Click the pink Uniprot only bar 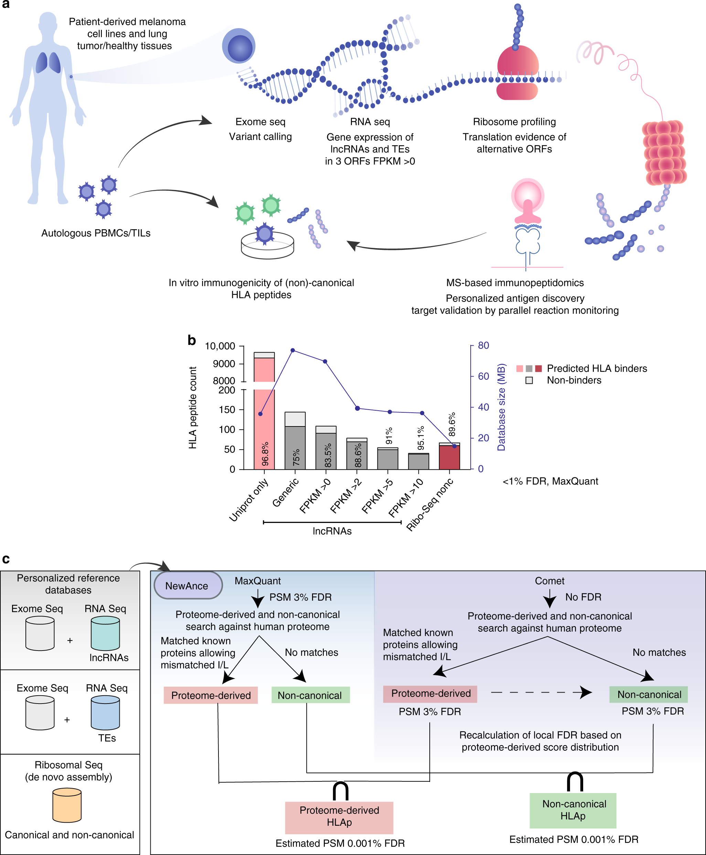click(x=264, y=427)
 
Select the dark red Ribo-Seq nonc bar click(x=449, y=457)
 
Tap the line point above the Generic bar click(x=293, y=350)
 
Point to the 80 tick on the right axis click(x=483, y=345)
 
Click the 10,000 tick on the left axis click(x=220, y=346)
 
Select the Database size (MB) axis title click(x=501, y=407)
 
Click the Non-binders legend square click(x=529, y=380)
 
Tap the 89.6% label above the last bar click(x=452, y=424)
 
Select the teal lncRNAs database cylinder click(x=105, y=633)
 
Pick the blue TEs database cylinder click(x=105, y=712)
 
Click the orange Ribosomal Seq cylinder click(x=67, y=805)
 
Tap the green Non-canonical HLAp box click(x=573, y=810)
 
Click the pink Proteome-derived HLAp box click(x=339, y=817)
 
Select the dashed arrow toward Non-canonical click(x=541, y=692)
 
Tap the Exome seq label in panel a click(x=260, y=122)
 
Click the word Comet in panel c click(x=549, y=581)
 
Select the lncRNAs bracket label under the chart click(x=332, y=531)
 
